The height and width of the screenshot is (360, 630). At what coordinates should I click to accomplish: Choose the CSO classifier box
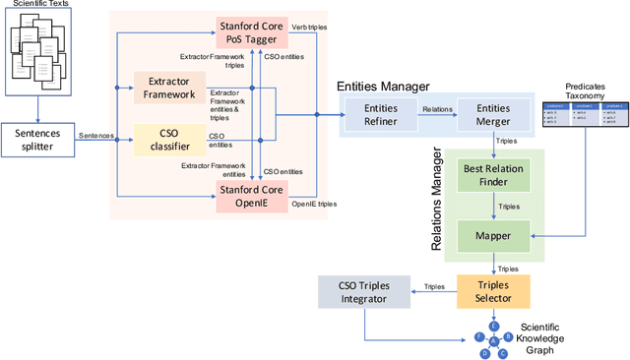pos(169,139)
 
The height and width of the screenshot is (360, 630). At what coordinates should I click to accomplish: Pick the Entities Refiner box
pos(381,114)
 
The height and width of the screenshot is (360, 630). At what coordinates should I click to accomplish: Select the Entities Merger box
pos(493,114)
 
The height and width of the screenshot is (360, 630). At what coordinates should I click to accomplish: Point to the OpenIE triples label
pos(315,204)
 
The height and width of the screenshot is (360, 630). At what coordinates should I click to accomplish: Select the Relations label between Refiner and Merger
pos(435,110)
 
